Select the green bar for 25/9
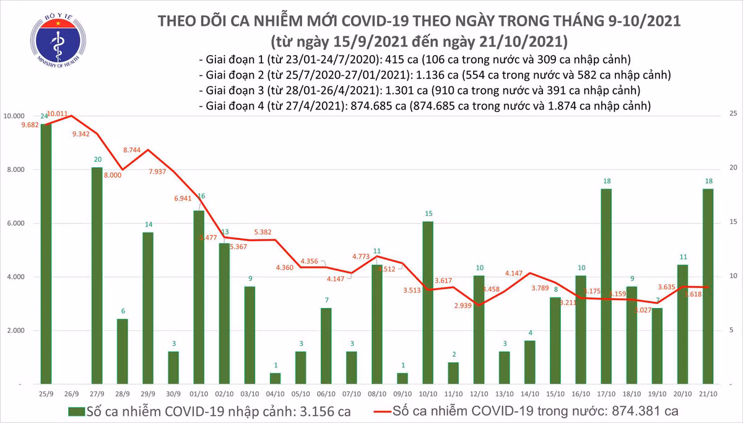tap(45, 254)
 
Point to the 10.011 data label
tap(57, 113)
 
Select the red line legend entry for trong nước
tap(526, 411)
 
